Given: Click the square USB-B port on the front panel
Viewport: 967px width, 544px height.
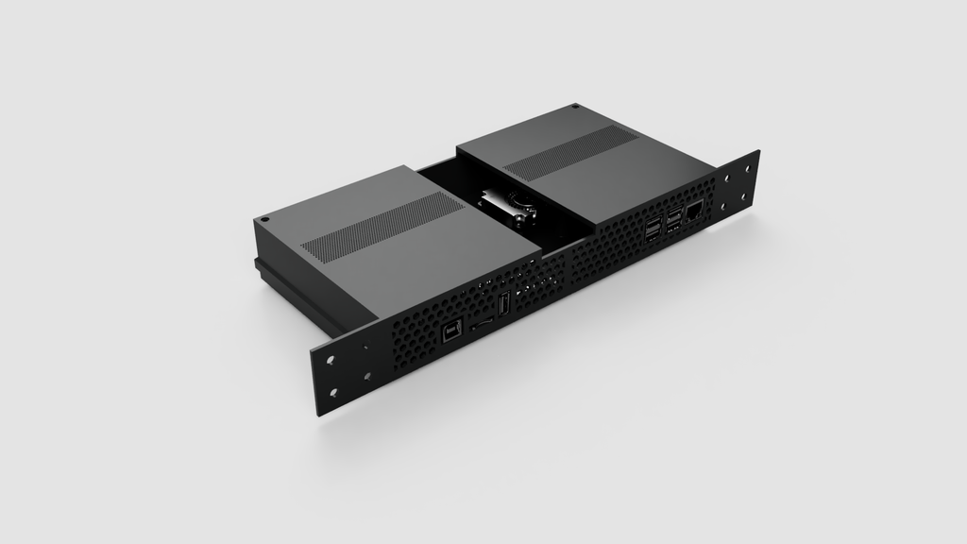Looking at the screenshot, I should [x=452, y=332].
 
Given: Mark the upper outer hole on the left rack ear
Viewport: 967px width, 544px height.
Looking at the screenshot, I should [x=331, y=361].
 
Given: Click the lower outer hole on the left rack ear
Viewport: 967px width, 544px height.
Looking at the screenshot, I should [x=334, y=393].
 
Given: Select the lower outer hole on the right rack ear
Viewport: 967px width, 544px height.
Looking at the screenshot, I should [x=744, y=196].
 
